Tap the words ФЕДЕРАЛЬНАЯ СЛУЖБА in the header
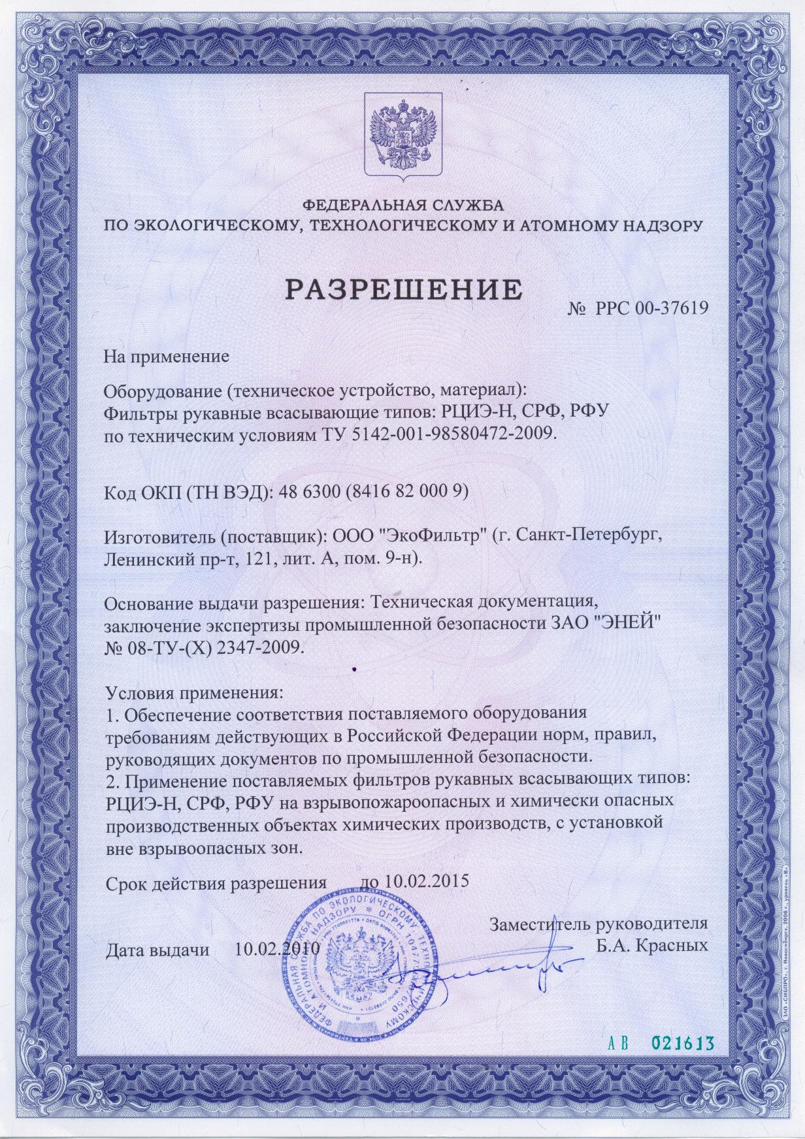[402, 207]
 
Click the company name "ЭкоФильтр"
[425, 537]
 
